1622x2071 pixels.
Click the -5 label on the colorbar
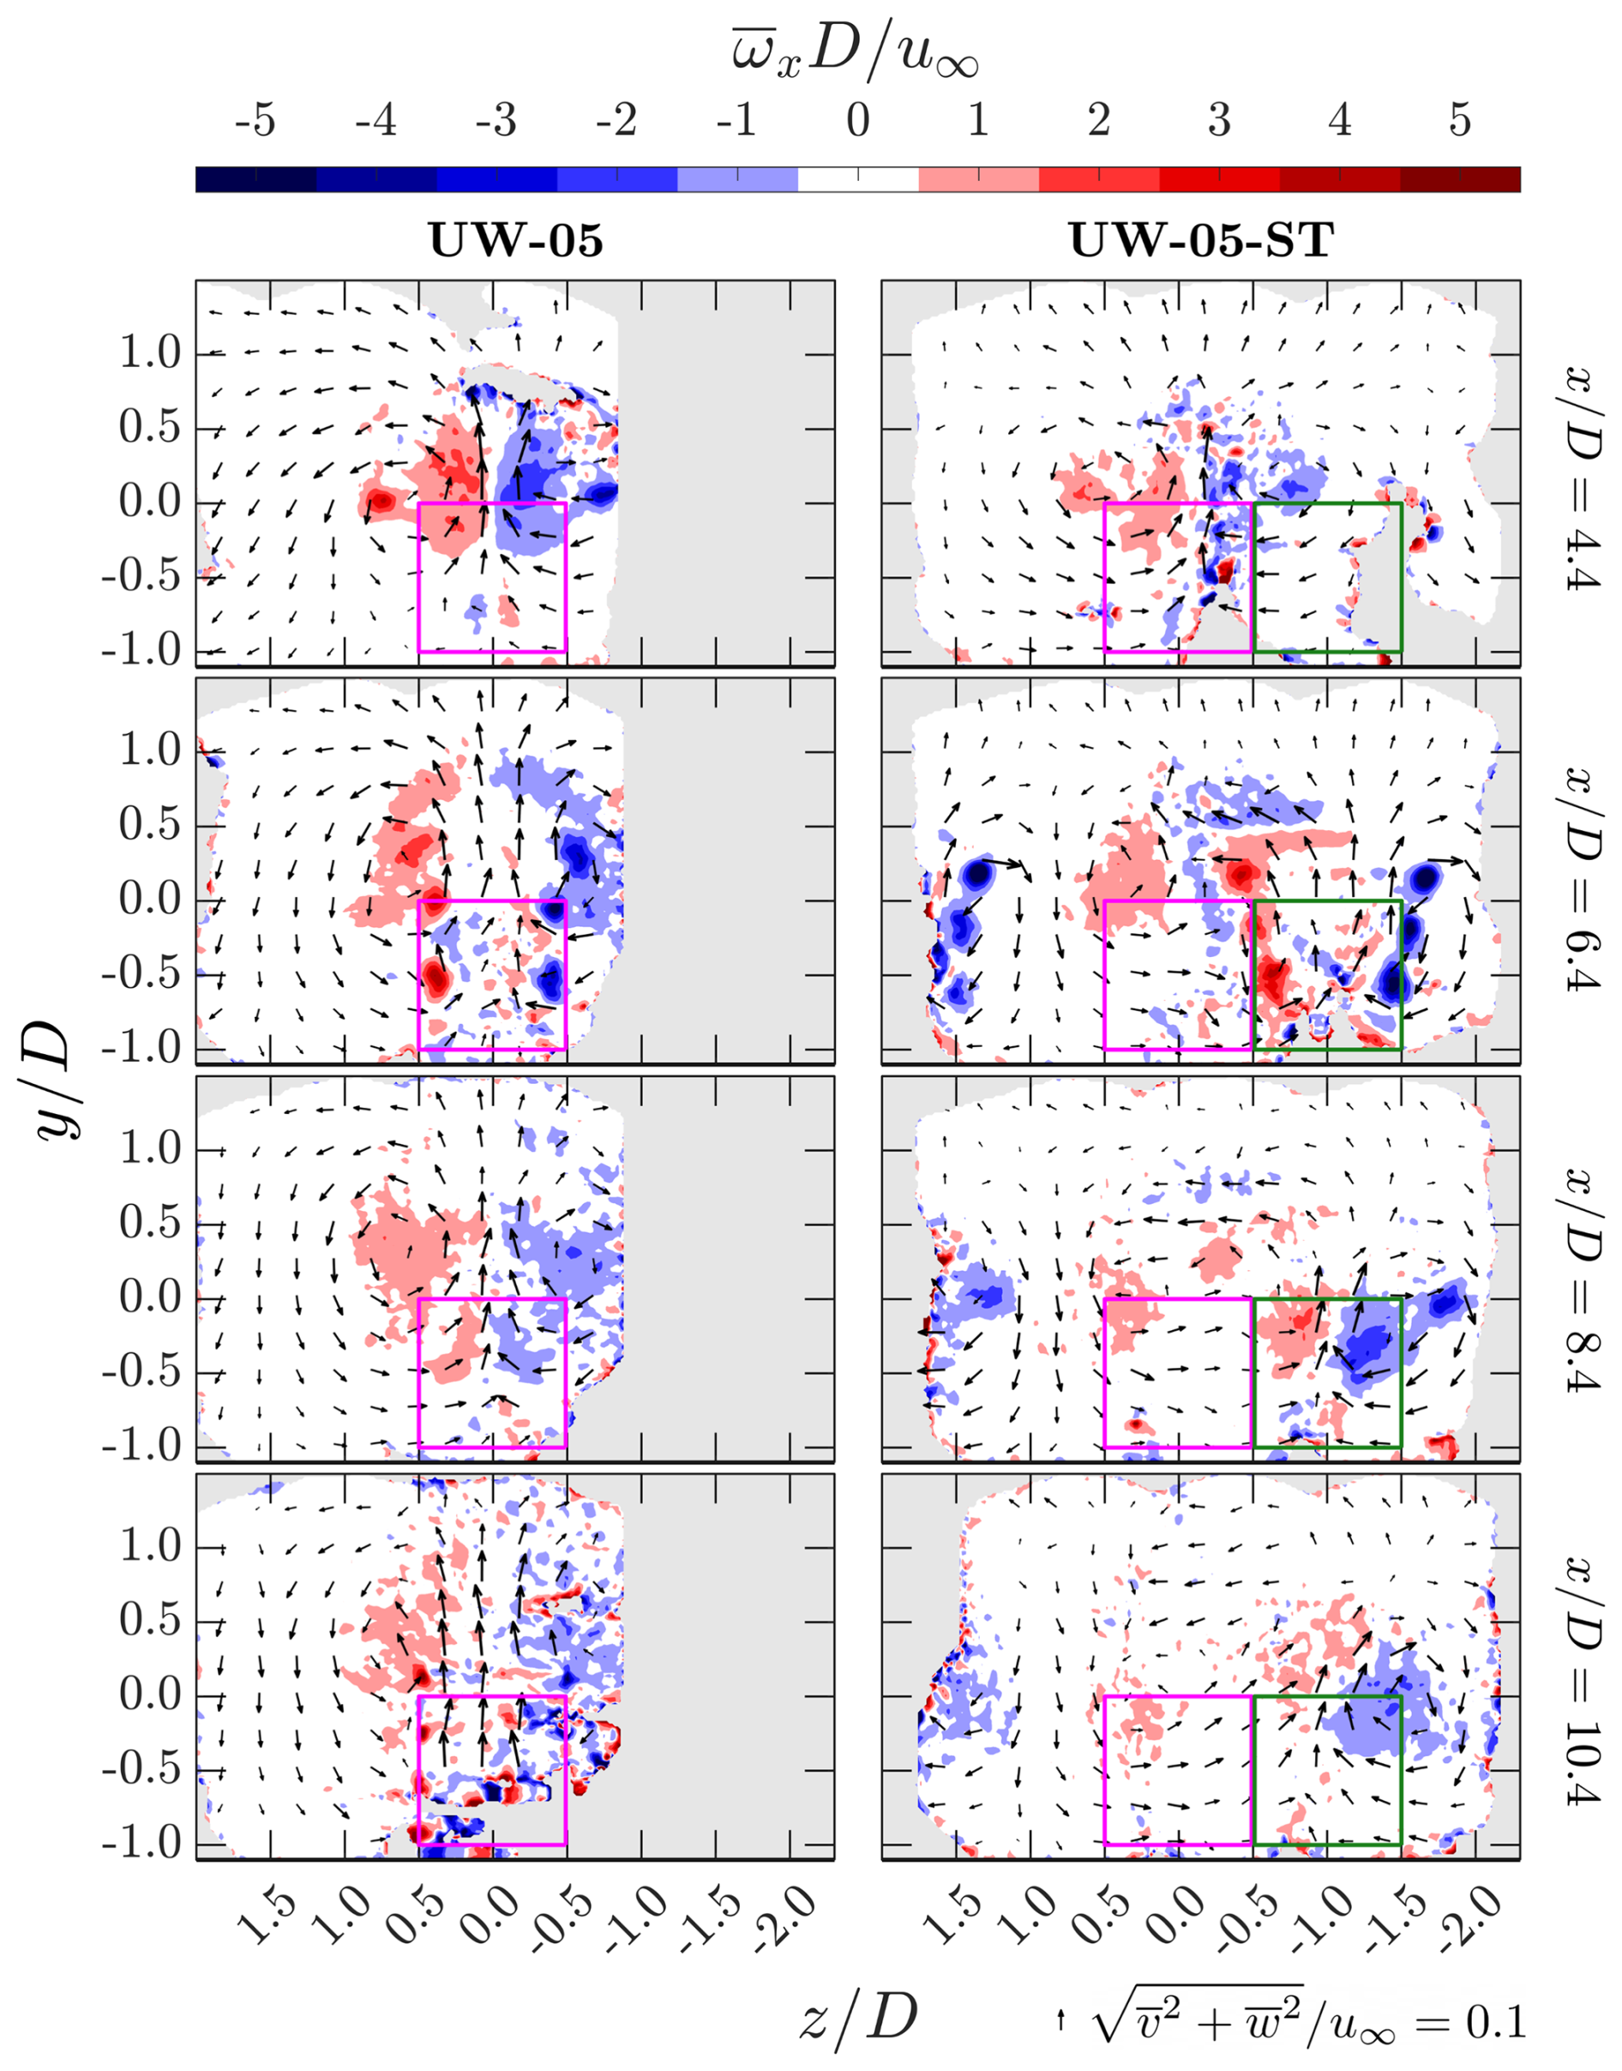coord(255,122)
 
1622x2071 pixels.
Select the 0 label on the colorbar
coord(857,122)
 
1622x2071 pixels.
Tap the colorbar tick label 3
coord(1219,122)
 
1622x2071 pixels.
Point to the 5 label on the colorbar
coord(1460,122)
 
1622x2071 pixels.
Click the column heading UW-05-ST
coord(1201,241)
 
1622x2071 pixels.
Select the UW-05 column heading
coord(515,241)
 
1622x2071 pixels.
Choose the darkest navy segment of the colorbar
coord(255,179)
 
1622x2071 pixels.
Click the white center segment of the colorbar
coord(857,179)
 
